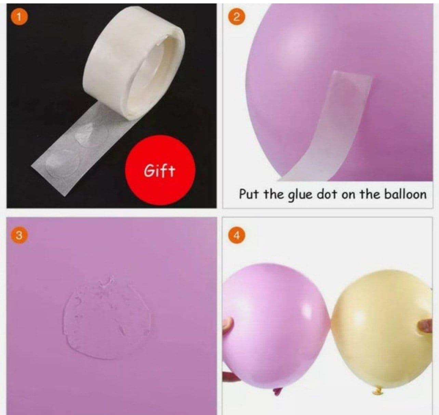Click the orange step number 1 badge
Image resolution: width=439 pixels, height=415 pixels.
(x=19, y=17)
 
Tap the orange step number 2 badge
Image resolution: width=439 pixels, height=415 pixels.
(x=236, y=17)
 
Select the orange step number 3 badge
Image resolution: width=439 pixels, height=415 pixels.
(x=19, y=236)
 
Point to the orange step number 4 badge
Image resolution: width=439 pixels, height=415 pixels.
(x=236, y=236)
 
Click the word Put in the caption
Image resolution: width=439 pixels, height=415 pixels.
(x=249, y=194)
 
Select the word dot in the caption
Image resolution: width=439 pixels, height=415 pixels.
(x=327, y=194)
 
